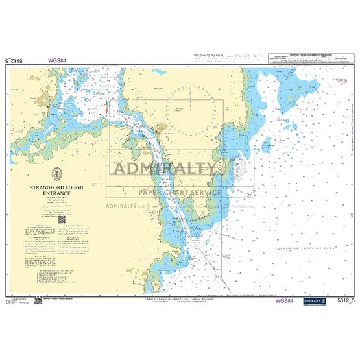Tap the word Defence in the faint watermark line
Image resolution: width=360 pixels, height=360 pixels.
click(246, 206)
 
